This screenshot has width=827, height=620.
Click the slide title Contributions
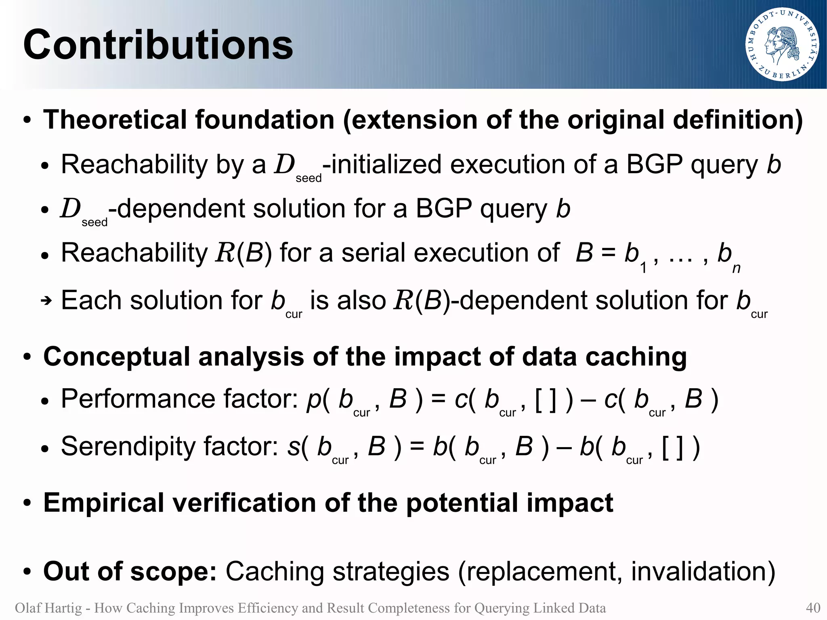coord(158,45)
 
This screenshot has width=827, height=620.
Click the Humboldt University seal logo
coord(782,45)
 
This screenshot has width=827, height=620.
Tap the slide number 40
coord(813,608)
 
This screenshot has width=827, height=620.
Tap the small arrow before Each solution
coord(46,301)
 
